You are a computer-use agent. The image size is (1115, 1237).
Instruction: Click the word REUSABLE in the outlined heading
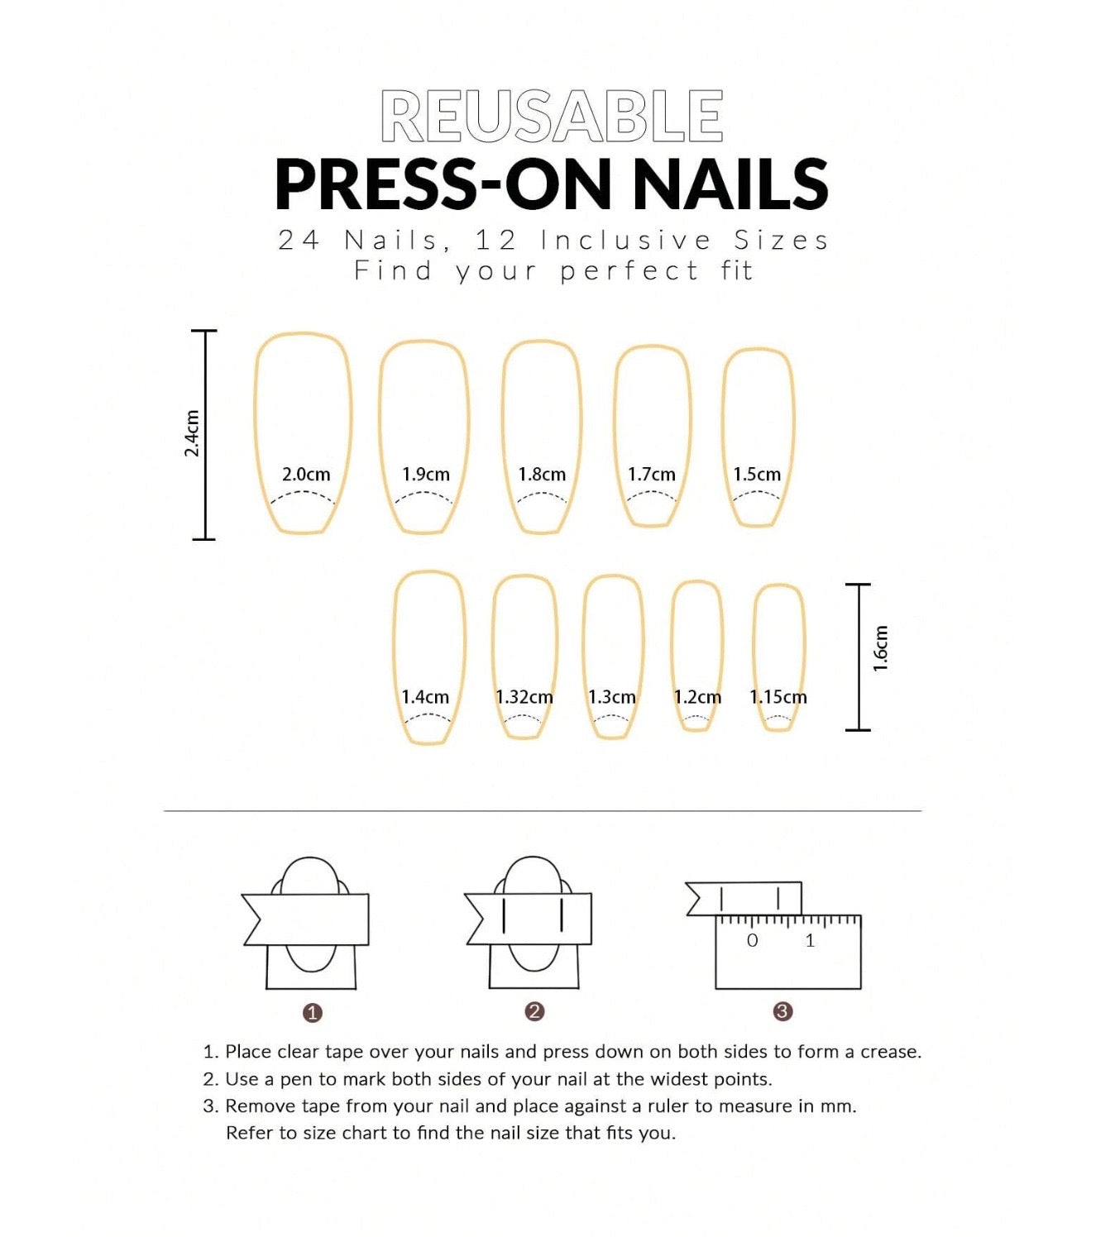(552, 116)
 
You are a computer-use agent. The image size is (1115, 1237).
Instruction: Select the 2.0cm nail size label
(306, 475)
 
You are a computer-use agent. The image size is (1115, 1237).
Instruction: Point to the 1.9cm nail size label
(426, 475)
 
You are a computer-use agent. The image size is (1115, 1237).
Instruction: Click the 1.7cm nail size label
(652, 475)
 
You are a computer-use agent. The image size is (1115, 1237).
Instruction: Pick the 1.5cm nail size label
(757, 475)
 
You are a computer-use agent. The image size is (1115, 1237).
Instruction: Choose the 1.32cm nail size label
(524, 697)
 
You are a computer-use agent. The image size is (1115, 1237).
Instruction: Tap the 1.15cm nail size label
(778, 697)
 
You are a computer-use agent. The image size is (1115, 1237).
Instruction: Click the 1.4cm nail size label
(425, 697)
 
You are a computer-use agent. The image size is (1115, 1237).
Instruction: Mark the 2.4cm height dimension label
(192, 433)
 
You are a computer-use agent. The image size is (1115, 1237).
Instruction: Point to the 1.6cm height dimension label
(880, 649)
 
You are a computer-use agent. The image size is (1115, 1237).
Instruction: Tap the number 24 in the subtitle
(299, 241)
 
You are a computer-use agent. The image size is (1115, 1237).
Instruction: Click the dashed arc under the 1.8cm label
(541, 496)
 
